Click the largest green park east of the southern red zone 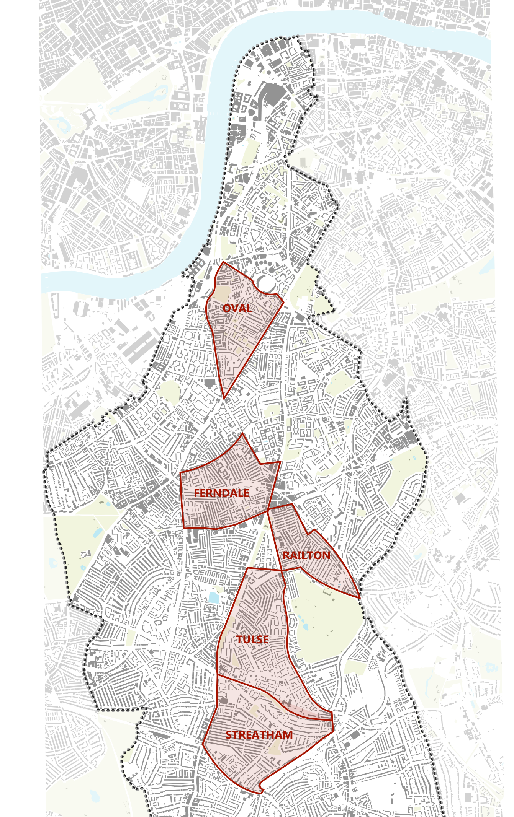pos(326,620)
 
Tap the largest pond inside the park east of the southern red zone pos(305,627)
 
